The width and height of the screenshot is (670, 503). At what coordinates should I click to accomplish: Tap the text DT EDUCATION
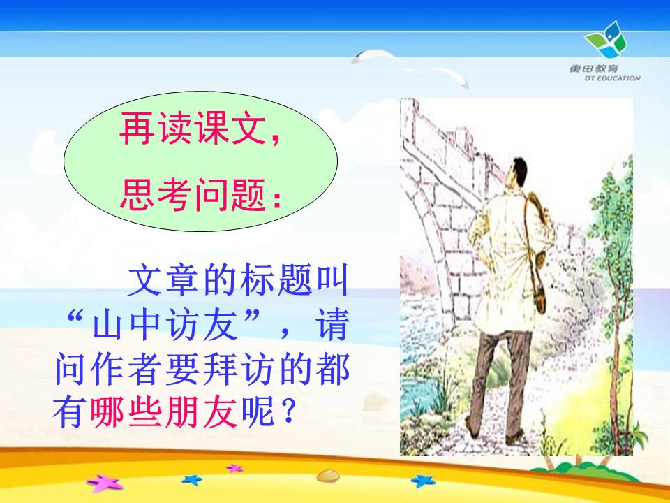[612, 78]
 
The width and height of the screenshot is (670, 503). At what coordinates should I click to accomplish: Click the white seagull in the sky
[409, 67]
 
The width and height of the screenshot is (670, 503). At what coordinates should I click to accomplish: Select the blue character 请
[332, 324]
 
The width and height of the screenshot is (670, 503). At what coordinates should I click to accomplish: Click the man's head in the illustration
[516, 172]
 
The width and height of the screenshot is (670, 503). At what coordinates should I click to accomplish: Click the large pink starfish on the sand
[105, 483]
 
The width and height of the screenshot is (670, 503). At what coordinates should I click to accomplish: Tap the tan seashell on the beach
[328, 475]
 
